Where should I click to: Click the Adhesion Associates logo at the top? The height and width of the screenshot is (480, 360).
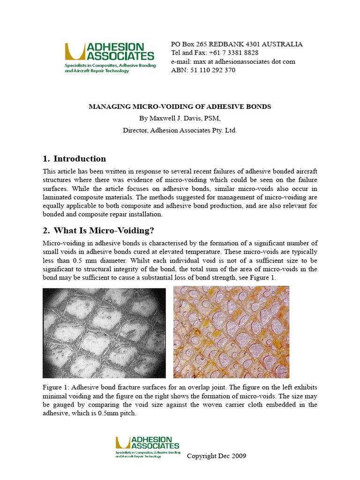click(110, 55)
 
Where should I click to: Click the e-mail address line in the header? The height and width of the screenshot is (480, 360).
click(233, 61)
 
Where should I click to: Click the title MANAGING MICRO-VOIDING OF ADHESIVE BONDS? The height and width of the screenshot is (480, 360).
click(180, 106)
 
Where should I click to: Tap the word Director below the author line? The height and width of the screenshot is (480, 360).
click(135, 130)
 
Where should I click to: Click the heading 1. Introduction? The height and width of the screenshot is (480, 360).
click(75, 158)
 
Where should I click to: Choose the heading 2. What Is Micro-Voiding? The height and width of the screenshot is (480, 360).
click(98, 230)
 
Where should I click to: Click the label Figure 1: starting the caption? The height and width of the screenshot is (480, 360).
click(56, 388)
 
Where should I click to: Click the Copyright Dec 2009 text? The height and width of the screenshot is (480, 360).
click(216, 456)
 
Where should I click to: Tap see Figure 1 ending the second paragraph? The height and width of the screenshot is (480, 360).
click(258, 277)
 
